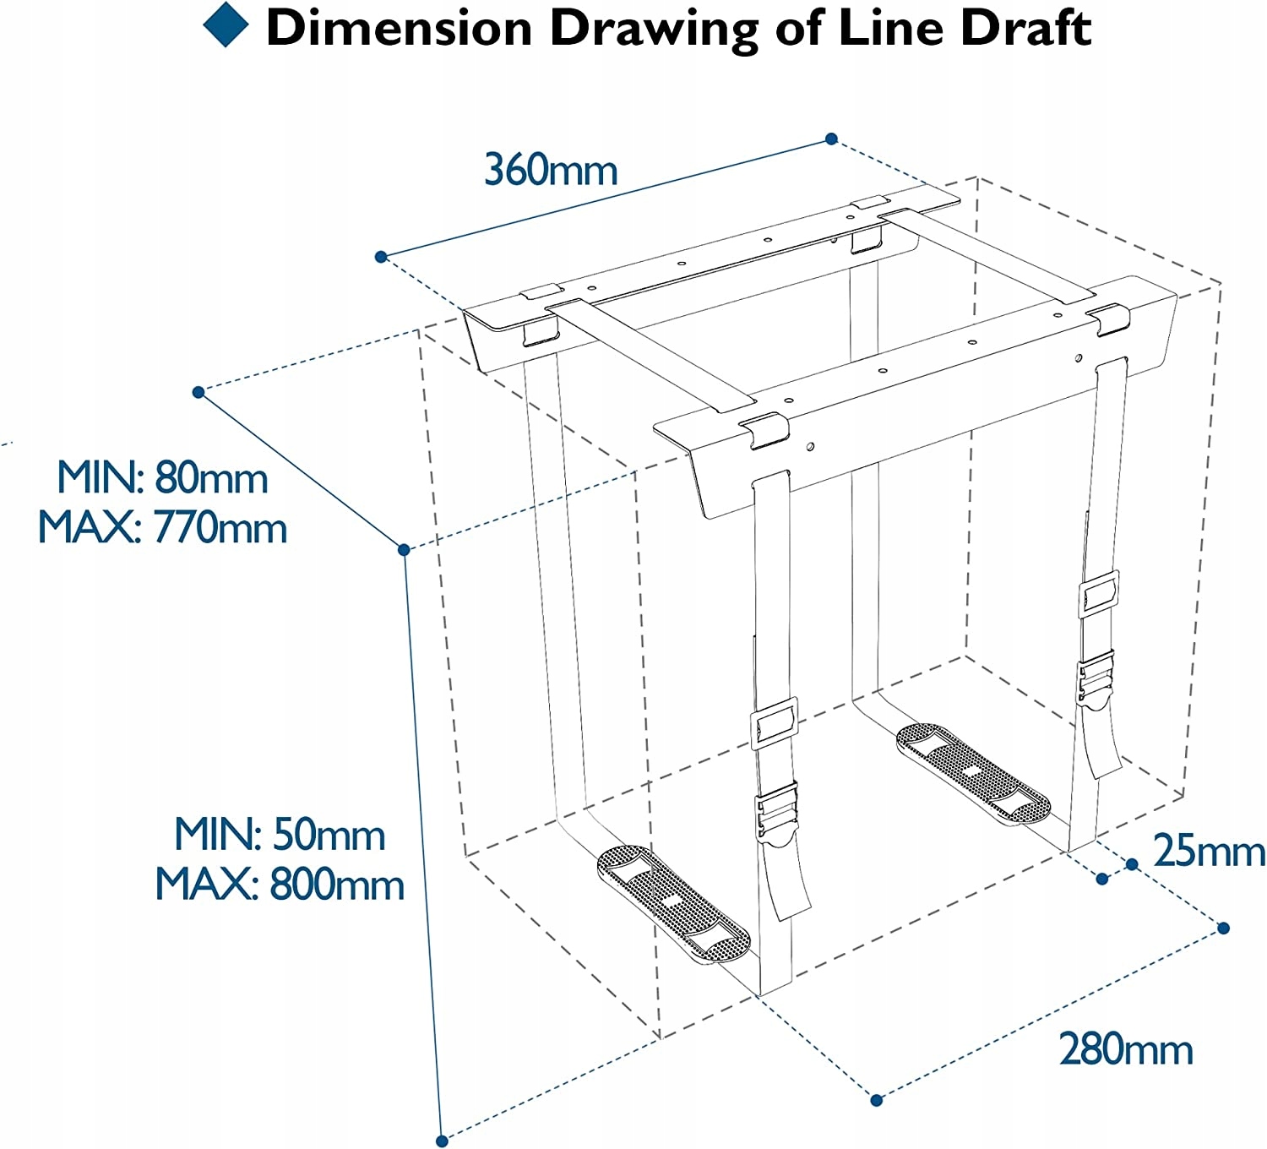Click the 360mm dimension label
click(x=551, y=170)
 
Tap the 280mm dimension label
click(x=1126, y=1050)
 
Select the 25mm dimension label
click(x=1209, y=851)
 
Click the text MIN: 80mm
click(x=162, y=478)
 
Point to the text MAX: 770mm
click(x=162, y=528)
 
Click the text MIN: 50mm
click(x=280, y=835)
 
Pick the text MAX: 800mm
click(x=280, y=885)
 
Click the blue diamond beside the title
click(x=226, y=25)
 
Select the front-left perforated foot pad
click(x=673, y=902)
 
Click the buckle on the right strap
click(x=1096, y=676)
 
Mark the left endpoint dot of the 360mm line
click(x=381, y=256)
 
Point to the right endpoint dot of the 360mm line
click(x=831, y=139)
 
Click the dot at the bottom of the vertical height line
click(x=442, y=1141)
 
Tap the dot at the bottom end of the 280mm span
click(x=876, y=1100)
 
